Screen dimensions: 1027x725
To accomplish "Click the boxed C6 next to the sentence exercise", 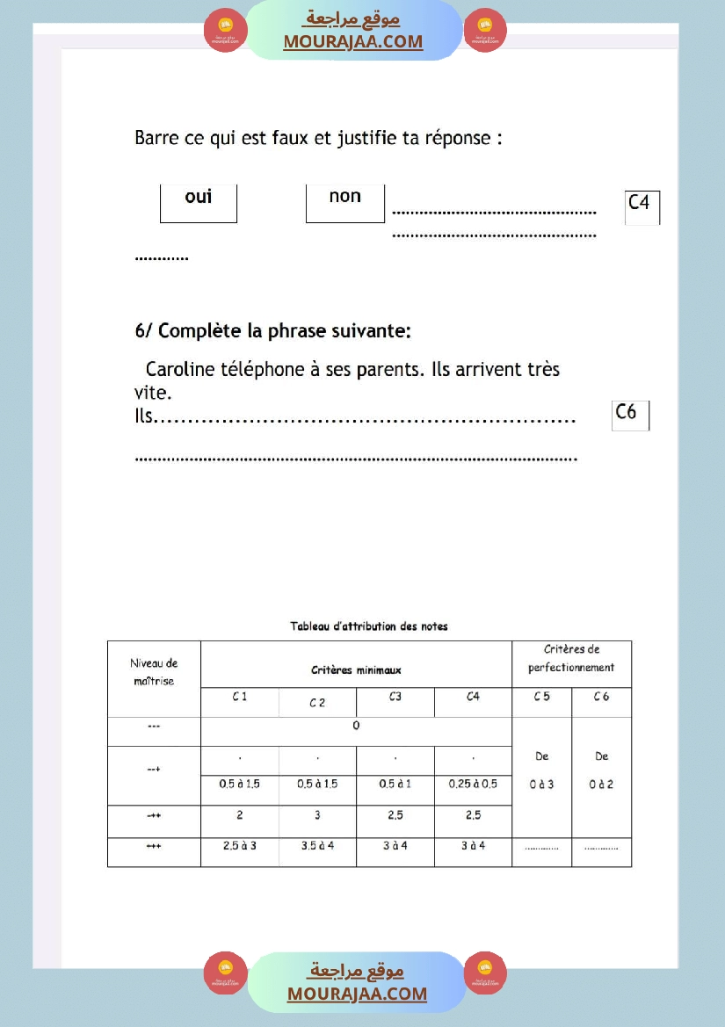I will click(628, 414).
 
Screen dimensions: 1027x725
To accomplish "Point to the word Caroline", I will click(183, 370).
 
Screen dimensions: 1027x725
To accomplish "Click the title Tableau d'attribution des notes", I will click(369, 626).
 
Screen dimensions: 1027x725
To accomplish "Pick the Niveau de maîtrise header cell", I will click(154, 672).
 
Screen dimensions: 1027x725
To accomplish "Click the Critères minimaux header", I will click(356, 670).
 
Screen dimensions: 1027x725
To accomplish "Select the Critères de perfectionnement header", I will click(571, 659).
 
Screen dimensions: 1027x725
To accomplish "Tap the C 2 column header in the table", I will click(317, 703).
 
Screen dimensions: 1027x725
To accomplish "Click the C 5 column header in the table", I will click(541, 698).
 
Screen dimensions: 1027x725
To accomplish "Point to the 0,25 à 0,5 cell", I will click(473, 785).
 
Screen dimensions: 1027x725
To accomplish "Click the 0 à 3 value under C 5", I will click(541, 785).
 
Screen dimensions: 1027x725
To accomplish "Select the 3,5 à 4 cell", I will click(317, 846).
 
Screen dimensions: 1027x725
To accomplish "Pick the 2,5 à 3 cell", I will click(239, 846).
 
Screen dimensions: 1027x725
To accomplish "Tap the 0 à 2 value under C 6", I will click(601, 785).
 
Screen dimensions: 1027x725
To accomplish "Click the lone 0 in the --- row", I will click(356, 727).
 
